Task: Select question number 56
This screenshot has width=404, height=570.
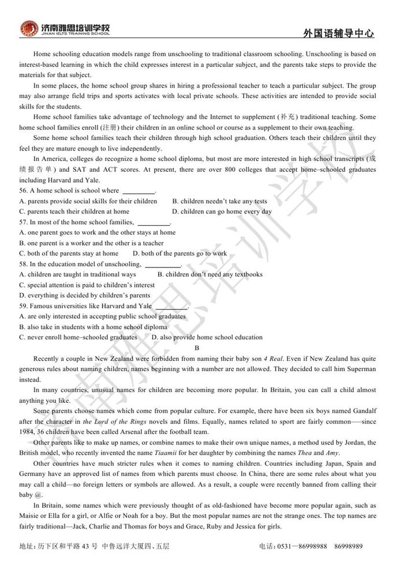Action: coord(24,191)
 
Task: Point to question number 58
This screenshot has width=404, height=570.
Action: coord(24,264)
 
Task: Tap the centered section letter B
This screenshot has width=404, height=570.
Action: coord(197,348)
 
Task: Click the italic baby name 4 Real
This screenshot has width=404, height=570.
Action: coord(272,358)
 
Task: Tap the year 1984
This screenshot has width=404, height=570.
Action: coord(27,432)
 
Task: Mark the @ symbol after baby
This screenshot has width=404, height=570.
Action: coord(39,495)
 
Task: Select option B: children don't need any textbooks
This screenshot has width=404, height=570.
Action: coord(210,274)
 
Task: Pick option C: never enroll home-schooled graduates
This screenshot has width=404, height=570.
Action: coord(78,337)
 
